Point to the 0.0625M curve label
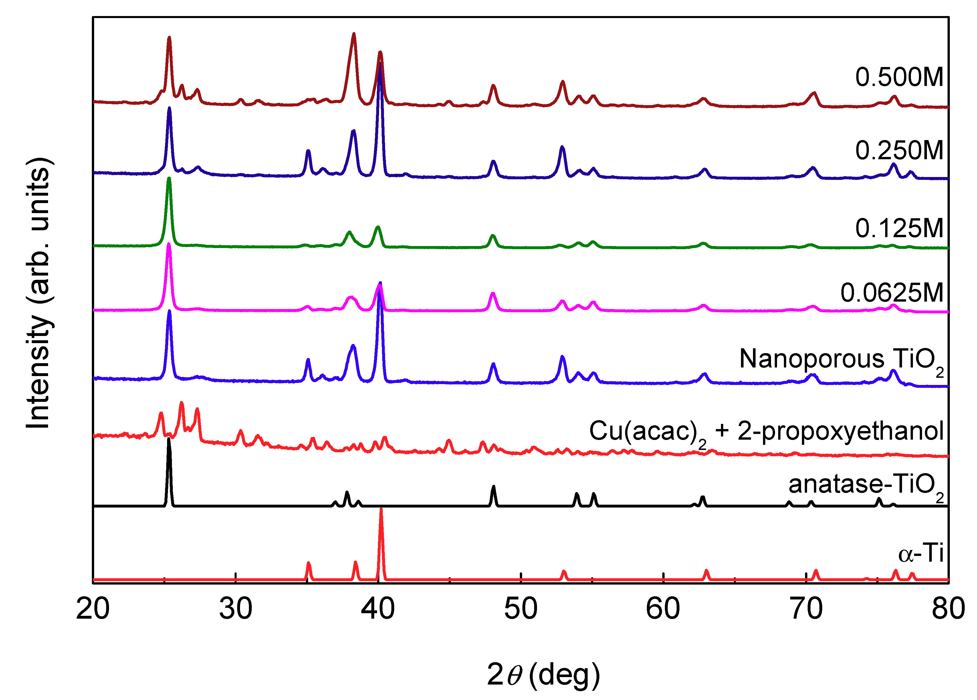coord(891,293)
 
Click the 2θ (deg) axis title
coord(543,675)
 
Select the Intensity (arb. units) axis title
coord(39,293)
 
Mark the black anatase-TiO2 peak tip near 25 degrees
coord(169,440)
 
